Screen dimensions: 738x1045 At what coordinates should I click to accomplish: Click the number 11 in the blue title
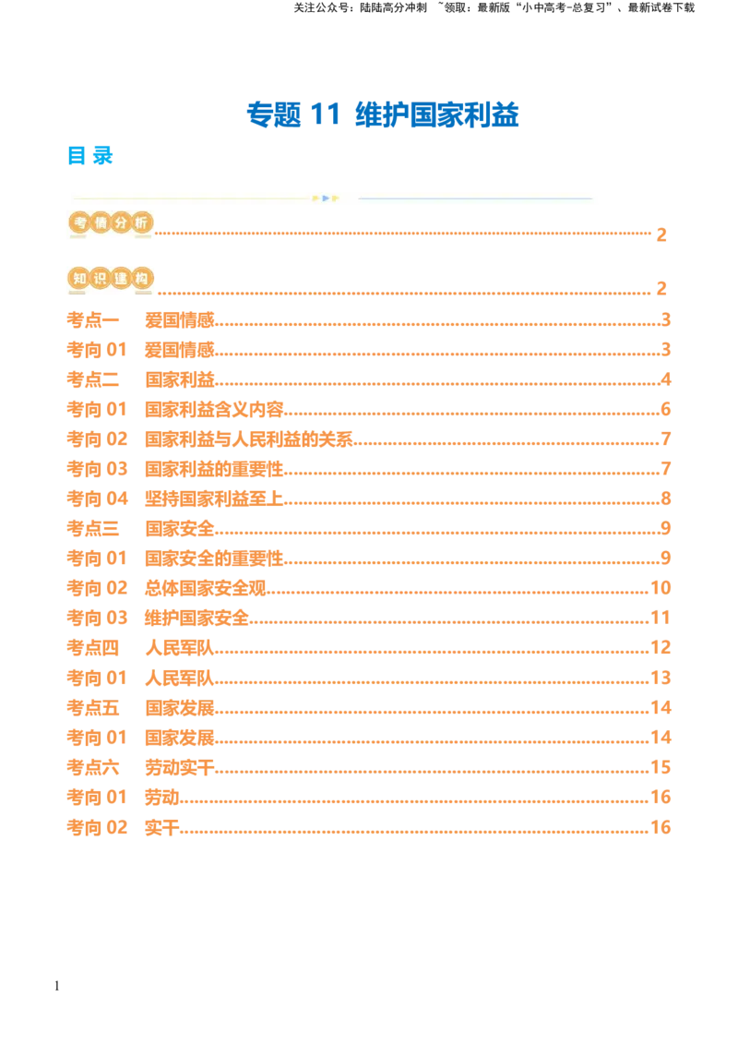click(327, 114)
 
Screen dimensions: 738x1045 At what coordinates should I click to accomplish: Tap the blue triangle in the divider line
click(326, 198)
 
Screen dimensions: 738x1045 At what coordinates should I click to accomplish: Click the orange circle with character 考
click(79, 223)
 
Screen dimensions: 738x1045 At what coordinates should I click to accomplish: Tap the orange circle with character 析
click(140, 223)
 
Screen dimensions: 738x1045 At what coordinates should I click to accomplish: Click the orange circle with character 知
click(79, 278)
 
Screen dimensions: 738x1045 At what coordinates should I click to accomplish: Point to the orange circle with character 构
click(140, 278)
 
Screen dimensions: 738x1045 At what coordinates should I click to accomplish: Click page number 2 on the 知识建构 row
click(661, 288)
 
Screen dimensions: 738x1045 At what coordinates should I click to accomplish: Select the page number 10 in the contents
click(660, 586)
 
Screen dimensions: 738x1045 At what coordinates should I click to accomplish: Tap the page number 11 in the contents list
click(660, 616)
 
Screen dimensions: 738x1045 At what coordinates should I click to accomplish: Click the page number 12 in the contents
click(660, 645)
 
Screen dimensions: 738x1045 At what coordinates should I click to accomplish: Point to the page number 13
click(660, 676)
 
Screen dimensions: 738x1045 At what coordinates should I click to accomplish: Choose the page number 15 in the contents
click(660, 766)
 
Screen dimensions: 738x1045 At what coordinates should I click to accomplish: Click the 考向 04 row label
click(95, 499)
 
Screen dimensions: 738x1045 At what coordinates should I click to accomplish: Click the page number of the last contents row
click(660, 826)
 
